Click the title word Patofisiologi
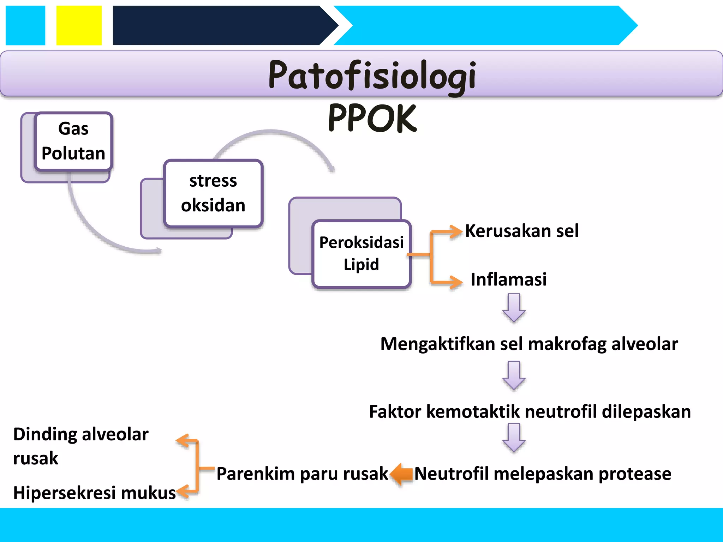coord(372,75)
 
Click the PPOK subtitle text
coord(372,119)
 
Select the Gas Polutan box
coord(73,141)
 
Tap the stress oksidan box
coord(213,193)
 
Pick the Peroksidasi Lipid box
coord(361,253)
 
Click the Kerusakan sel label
coord(521,231)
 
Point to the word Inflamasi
coord(508,279)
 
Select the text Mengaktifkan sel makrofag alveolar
coord(529,344)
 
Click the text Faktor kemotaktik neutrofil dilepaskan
coord(530,411)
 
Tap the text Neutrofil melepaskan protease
coord(542,474)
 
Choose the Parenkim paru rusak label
coord(302,474)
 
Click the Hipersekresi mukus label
coord(94,493)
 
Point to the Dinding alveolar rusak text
coord(80,446)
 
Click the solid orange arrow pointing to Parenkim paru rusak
coord(402,474)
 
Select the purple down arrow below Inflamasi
coord(514,308)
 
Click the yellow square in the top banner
coord(79,25)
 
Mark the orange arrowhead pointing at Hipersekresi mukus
coord(183,491)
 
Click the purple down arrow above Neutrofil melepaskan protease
coord(514,438)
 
